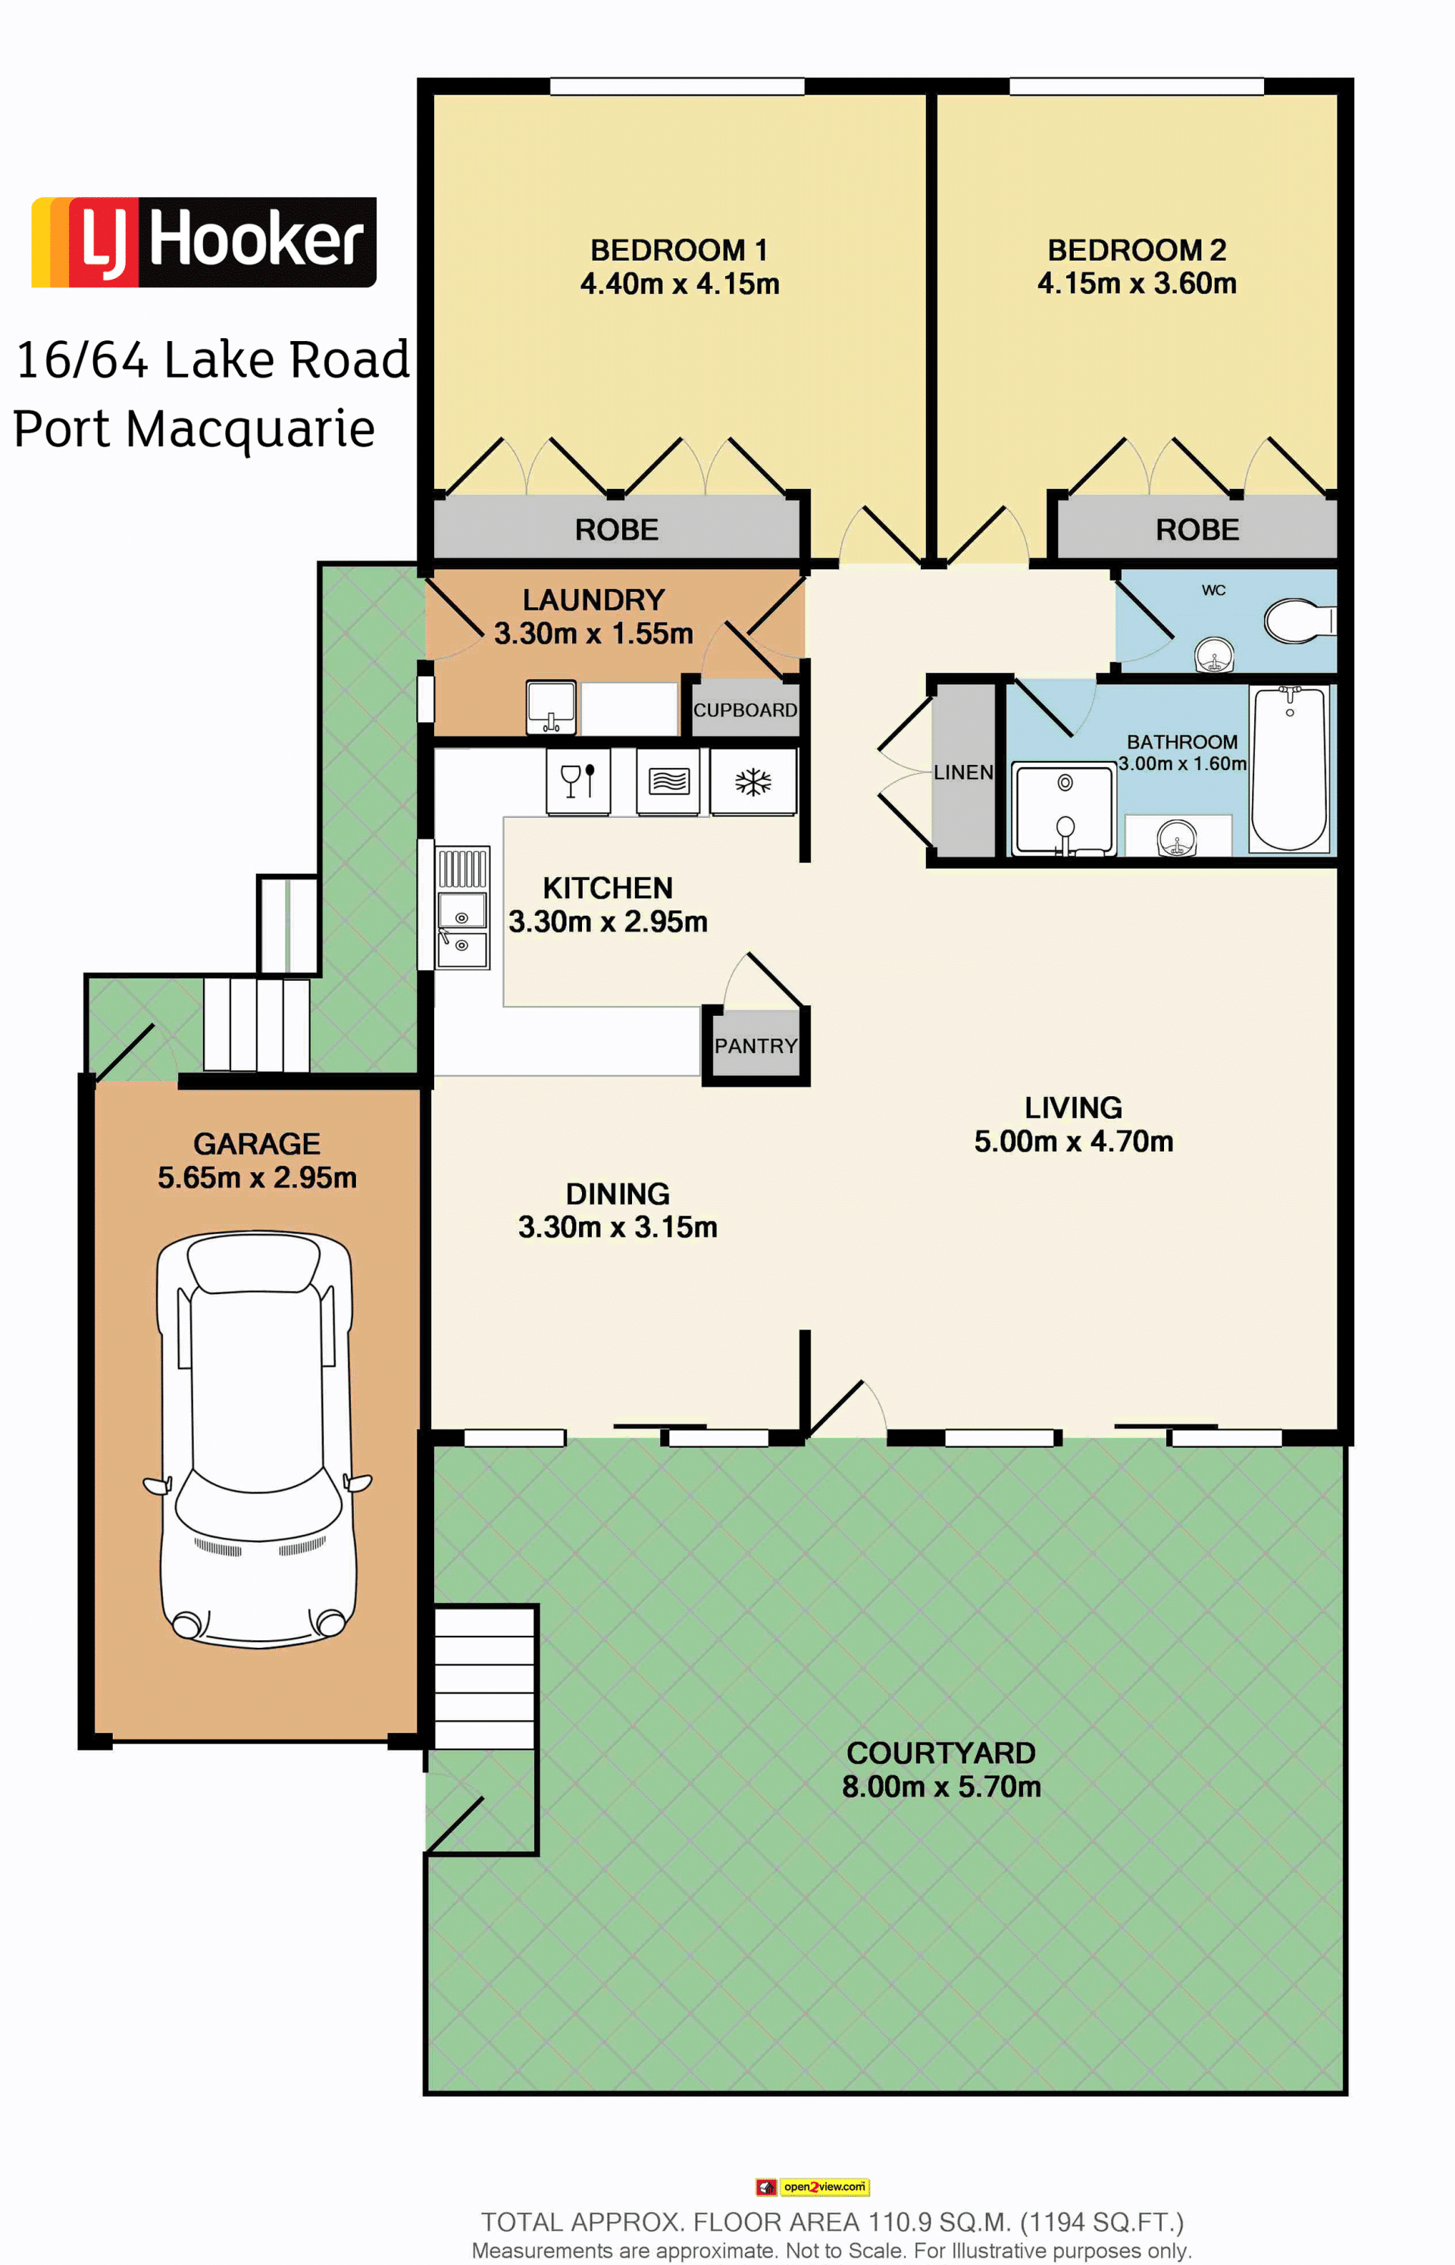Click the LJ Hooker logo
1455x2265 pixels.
coord(204,242)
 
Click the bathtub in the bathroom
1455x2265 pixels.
coord(1289,768)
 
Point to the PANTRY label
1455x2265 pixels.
coord(756,1046)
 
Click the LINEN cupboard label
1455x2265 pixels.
coord(962,772)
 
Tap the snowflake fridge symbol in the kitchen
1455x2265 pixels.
coord(753,782)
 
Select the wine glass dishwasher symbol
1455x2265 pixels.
coord(577,782)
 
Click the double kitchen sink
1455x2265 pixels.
coord(462,908)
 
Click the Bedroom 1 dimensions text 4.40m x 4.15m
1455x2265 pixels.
coord(679,284)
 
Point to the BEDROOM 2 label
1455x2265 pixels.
coord(1137,250)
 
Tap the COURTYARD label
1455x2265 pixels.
coord(941,1753)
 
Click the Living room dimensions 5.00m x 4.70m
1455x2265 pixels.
coord(1073,1142)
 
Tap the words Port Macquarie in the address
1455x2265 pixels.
coord(194,429)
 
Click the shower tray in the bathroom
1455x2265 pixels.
coord(1064,810)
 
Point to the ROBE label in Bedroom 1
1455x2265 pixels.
coord(616,529)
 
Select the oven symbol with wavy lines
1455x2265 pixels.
coord(668,782)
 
